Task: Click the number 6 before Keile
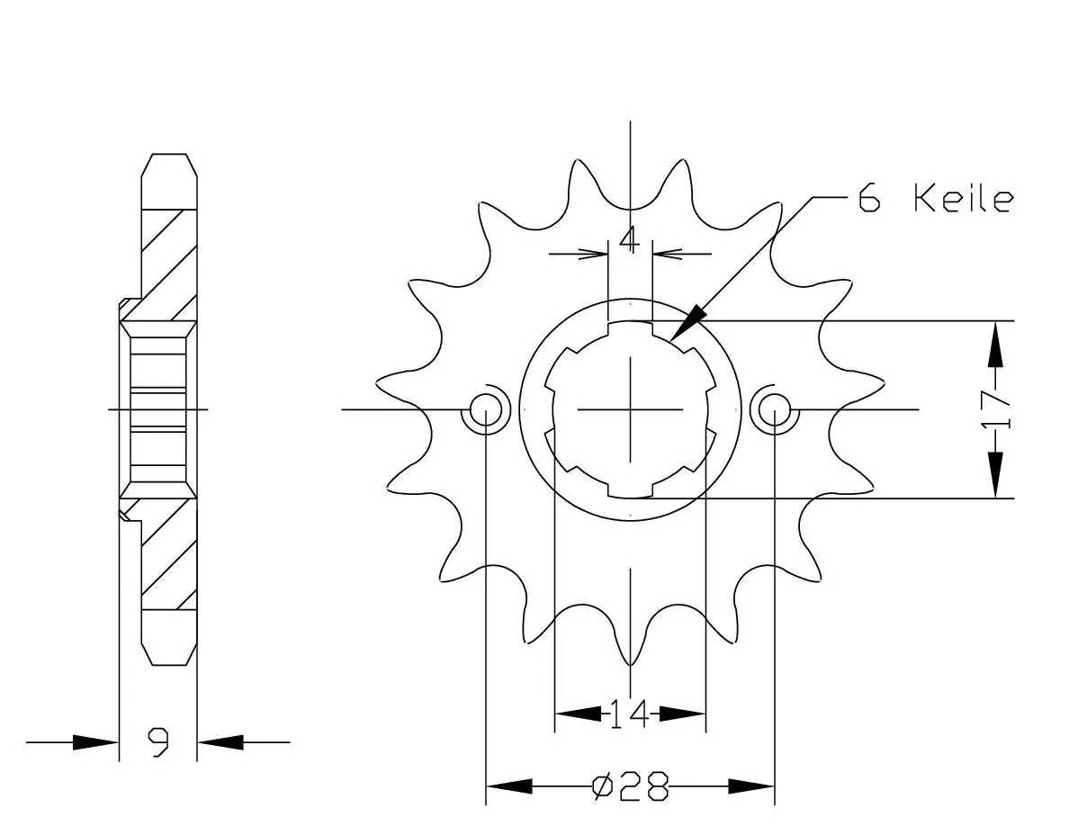tap(869, 198)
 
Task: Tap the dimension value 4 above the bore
tap(629, 240)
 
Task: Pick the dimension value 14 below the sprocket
tap(629, 714)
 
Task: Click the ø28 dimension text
tap(631, 786)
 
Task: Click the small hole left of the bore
tap(486, 409)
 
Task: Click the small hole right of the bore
tap(775, 409)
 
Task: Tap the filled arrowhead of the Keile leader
tap(687, 322)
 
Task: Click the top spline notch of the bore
tap(630, 328)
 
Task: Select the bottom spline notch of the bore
tap(630, 489)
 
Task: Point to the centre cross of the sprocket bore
tap(630, 409)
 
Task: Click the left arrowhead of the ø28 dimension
tap(509, 786)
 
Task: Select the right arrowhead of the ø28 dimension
tap(750, 786)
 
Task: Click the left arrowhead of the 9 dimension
tap(95, 742)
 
